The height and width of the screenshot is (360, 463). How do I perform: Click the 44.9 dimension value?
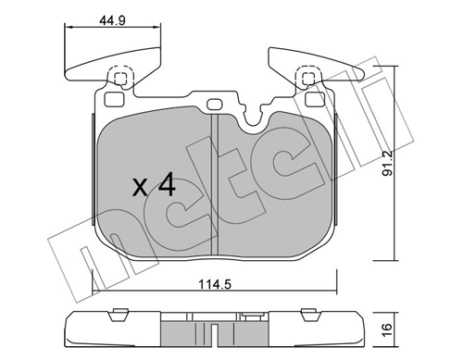[112, 21]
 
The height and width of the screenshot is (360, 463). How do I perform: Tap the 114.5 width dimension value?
[215, 284]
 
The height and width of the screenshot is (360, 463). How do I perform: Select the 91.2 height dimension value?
[387, 163]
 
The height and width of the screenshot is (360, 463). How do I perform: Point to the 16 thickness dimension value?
[387, 329]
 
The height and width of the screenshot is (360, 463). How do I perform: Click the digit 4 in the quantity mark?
[167, 184]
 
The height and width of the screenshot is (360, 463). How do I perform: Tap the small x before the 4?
[140, 188]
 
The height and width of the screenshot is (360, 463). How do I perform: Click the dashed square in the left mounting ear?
[120, 79]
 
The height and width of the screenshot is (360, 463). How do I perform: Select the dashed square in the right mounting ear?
[307, 78]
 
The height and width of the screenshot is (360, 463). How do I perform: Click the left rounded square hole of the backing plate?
[114, 99]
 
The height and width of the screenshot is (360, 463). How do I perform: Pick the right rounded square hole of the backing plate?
[315, 99]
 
